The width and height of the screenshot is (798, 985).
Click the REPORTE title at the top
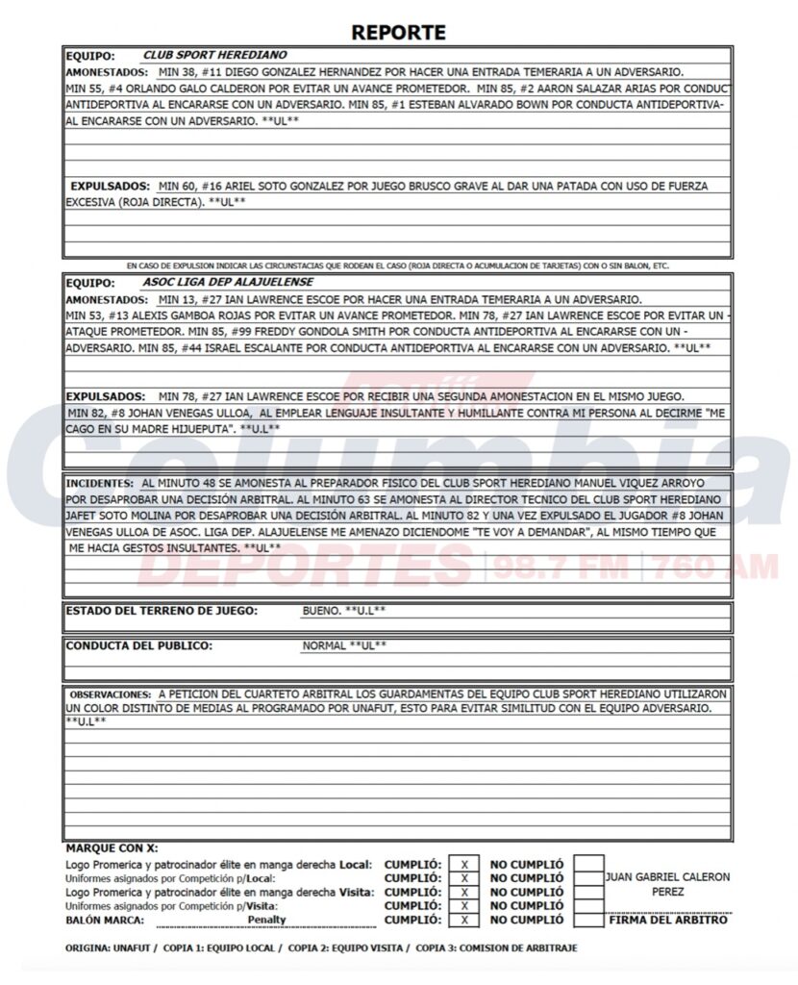pos(398,32)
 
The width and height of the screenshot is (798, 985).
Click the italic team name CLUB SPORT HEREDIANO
pos(214,56)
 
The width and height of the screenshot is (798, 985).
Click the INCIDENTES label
pos(100,483)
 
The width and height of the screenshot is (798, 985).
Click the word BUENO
pos(321,611)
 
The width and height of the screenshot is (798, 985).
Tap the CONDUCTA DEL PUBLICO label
pos(138,645)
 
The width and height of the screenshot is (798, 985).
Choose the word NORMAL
pos(324,646)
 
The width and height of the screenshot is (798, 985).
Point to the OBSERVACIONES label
pos(109,694)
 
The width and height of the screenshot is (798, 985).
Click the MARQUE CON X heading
pos(112,848)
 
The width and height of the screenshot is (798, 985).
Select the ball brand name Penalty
pos(267,920)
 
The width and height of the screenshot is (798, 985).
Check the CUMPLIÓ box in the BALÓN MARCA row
pos(464,920)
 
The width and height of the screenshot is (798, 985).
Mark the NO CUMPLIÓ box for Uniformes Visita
pos(588,905)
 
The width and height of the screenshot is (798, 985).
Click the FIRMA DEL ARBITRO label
pos(668,921)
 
